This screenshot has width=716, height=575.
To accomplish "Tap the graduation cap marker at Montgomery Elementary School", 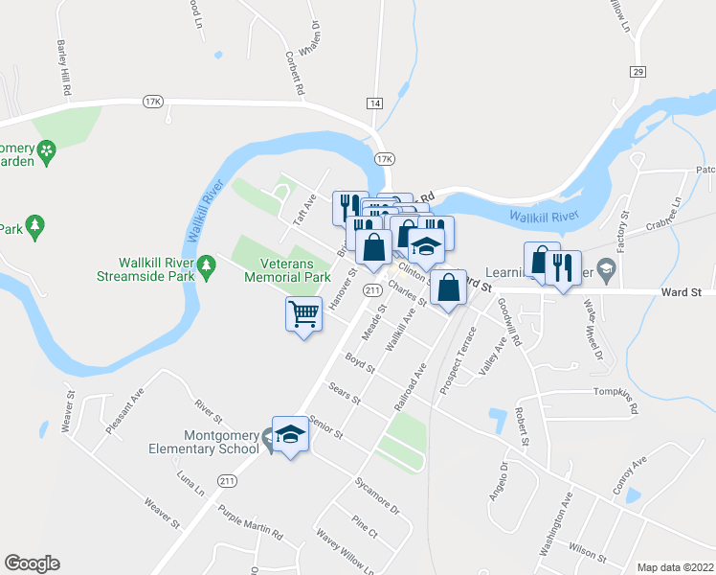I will tap(290, 434).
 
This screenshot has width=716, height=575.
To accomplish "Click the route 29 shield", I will tap(638, 72).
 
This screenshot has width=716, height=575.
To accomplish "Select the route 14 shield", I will tap(373, 103).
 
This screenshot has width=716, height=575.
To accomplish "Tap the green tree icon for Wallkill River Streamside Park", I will tap(206, 264).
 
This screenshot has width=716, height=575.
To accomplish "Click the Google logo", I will tap(32, 563).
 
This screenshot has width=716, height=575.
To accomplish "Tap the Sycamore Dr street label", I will tap(375, 488).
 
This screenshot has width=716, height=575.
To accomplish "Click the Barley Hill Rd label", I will tap(64, 66).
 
